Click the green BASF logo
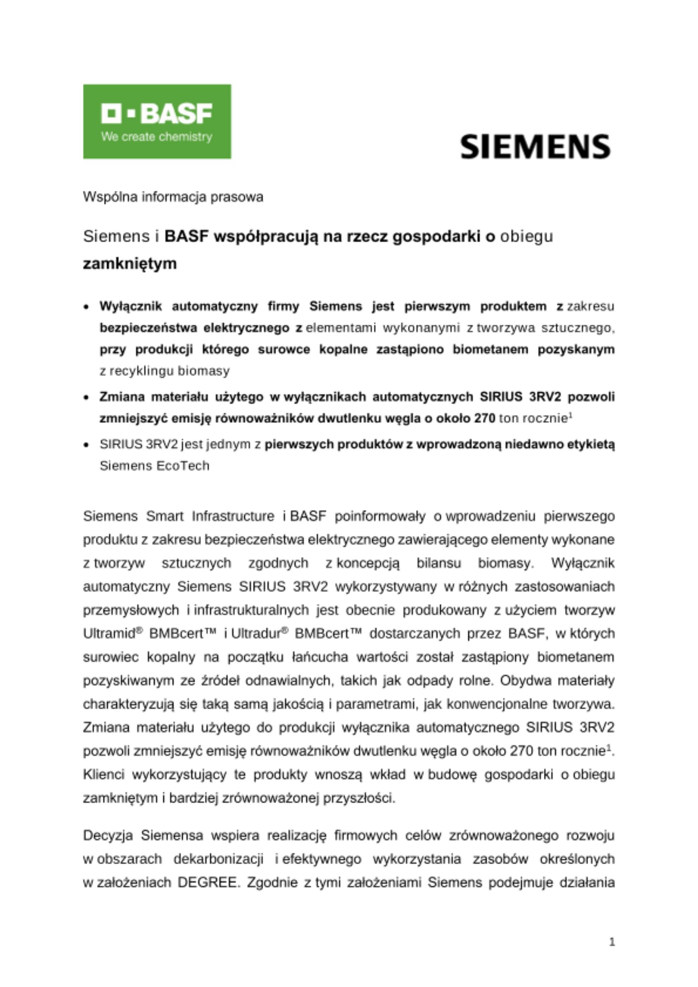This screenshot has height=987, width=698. point(157,121)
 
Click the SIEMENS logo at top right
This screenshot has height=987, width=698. point(535,147)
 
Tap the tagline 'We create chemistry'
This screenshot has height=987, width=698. point(156,137)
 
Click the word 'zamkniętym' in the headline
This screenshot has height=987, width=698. point(129,264)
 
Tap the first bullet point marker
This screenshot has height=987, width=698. point(87,307)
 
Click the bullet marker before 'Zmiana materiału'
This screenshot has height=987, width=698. point(87,397)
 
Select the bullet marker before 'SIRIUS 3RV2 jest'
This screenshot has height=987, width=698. point(87,445)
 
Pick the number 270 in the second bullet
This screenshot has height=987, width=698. point(485,418)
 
